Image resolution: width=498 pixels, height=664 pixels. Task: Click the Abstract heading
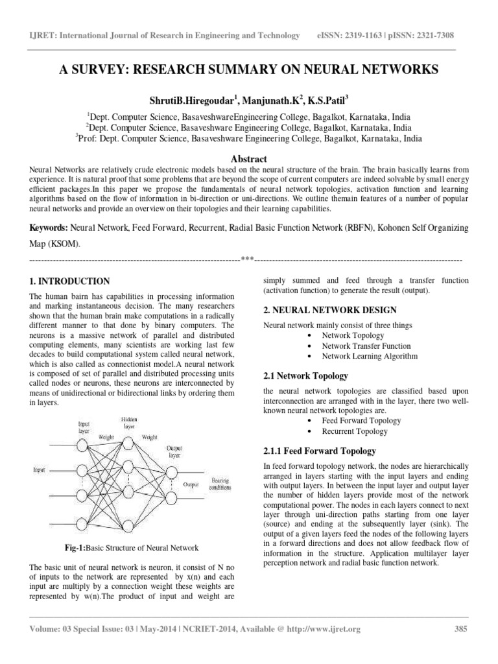pyautogui.click(x=248, y=158)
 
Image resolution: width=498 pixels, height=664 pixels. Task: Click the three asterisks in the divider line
pyautogui.click(x=246, y=259)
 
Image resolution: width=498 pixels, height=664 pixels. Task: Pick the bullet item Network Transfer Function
pyautogui.click(x=362, y=346)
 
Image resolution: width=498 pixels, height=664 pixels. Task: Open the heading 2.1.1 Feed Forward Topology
pyautogui.click(x=319, y=451)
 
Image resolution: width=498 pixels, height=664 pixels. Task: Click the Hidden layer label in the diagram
pyautogui.click(x=129, y=423)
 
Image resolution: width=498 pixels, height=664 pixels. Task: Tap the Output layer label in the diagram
pyautogui.click(x=174, y=453)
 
